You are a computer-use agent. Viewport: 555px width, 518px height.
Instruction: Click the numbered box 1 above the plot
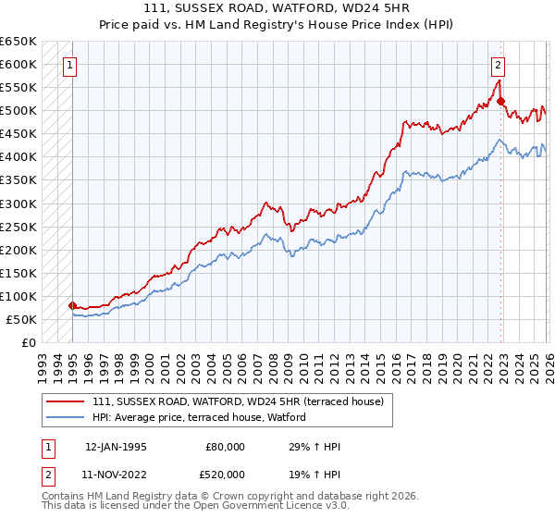(x=71, y=65)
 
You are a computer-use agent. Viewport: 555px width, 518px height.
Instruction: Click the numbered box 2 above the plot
(x=498, y=65)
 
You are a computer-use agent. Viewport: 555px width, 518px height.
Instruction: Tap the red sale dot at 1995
(x=73, y=305)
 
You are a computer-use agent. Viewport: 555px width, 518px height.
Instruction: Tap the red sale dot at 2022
(x=500, y=101)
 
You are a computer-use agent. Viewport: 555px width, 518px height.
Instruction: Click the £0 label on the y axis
(x=30, y=342)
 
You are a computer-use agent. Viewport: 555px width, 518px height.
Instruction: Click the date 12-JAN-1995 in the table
(x=116, y=447)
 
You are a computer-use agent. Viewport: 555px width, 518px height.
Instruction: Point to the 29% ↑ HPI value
(x=314, y=447)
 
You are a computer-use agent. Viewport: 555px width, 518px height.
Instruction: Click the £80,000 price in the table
(x=224, y=447)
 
